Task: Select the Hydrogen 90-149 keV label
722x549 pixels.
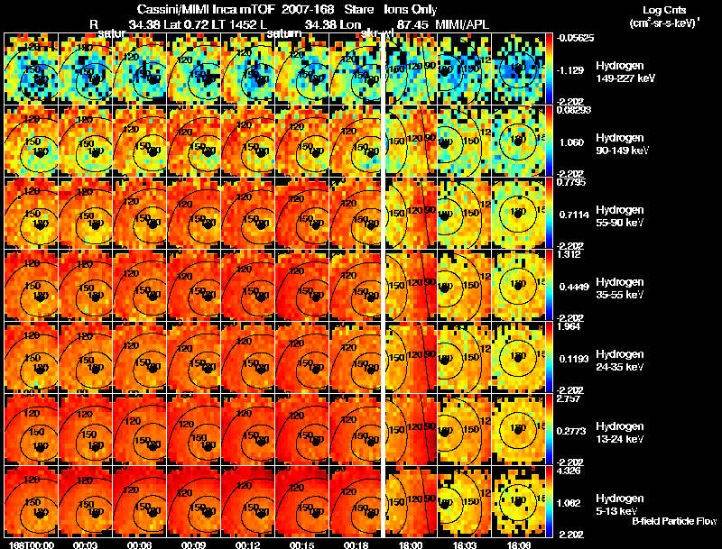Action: (x=622, y=143)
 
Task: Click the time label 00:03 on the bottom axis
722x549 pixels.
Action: (x=85, y=544)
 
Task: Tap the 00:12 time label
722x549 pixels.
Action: (x=247, y=544)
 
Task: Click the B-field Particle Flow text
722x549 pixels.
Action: (x=673, y=521)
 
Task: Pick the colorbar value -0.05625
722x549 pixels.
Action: (x=573, y=39)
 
